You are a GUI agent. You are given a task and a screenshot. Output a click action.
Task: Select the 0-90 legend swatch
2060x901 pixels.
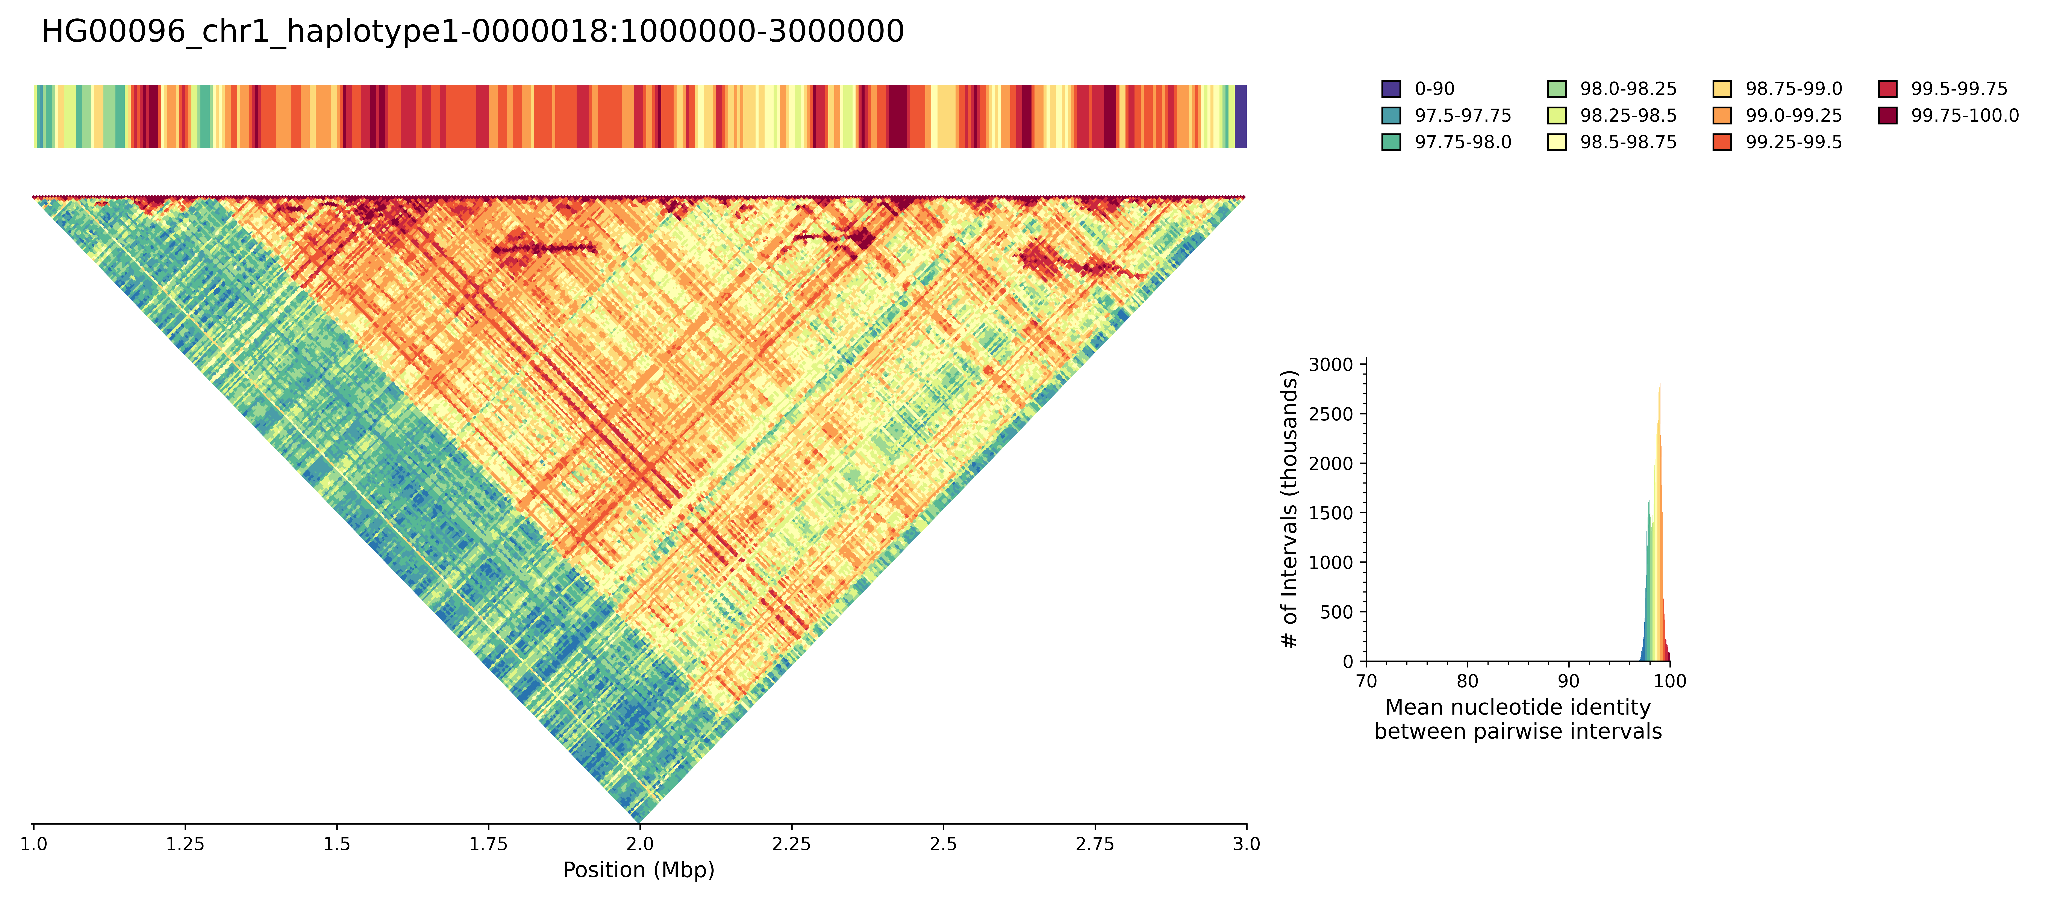coord(1391,89)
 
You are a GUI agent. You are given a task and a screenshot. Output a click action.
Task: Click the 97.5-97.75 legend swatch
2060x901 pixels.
coord(1391,115)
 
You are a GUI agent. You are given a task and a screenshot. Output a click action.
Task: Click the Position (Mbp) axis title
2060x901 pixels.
coord(638,870)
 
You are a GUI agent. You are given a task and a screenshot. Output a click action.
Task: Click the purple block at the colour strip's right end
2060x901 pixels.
coord(1240,116)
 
